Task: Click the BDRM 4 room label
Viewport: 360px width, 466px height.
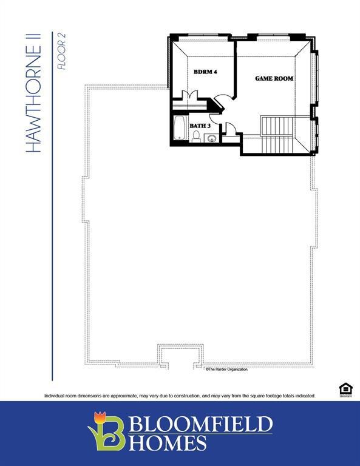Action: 205,72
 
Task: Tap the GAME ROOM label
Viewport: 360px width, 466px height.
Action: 274,79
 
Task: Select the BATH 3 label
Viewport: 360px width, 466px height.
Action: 200,126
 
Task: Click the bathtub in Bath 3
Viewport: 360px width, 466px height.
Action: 180,128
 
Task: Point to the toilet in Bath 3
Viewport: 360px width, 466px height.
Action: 196,137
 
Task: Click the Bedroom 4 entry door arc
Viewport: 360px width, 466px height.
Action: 224,101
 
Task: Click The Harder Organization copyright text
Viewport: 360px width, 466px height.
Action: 226,369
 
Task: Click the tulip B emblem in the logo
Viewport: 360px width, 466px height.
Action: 106,431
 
